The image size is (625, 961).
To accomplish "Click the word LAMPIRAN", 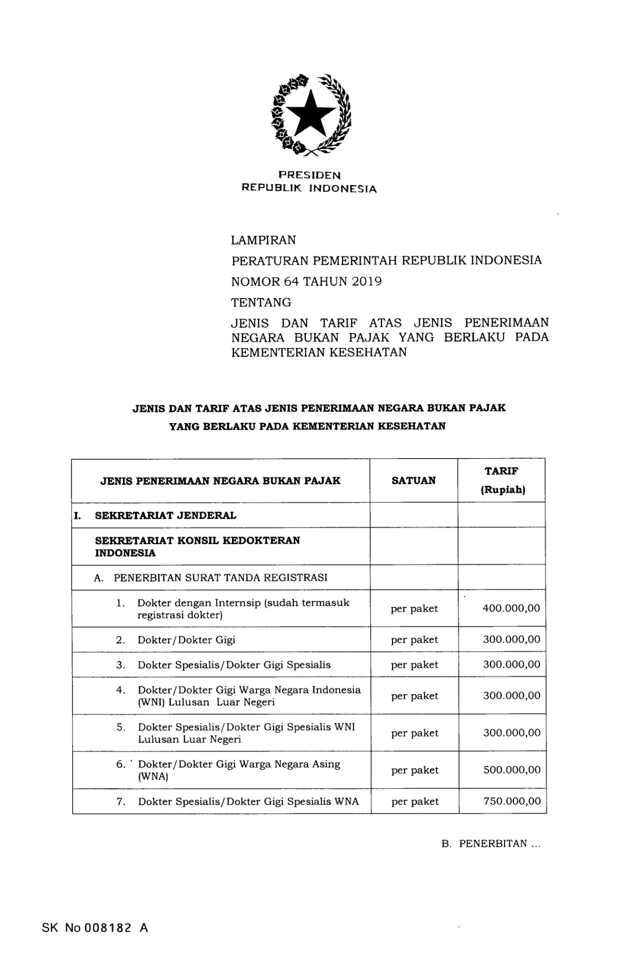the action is pyautogui.click(x=263, y=240).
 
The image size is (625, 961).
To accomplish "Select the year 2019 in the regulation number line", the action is pyautogui.click(x=367, y=282).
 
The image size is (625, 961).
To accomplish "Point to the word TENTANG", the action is pyautogui.click(x=261, y=302).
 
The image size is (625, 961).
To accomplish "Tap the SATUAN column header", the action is pyautogui.click(x=414, y=480).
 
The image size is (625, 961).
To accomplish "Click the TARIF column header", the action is pyautogui.click(x=502, y=470).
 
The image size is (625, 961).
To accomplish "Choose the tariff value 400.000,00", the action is pyautogui.click(x=511, y=608).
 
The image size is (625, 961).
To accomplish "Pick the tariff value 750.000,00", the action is pyautogui.click(x=512, y=801).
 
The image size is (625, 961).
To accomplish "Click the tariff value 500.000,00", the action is pyautogui.click(x=512, y=770).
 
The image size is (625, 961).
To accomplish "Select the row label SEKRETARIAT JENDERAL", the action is pyautogui.click(x=166, y=515).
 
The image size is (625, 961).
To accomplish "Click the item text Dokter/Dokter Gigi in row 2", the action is pyautogui.click(x=186, y=640).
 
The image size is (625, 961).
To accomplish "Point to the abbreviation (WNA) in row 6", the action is pyautogui.click(x=153, y=777).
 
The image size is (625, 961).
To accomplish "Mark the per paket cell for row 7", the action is pyautogui.click(x=415, y=801).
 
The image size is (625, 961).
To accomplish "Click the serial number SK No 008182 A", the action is pyautogui.click(x=95, y=928).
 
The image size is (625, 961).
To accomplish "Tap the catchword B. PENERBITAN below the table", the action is pyautogui.click(x=491, y=844).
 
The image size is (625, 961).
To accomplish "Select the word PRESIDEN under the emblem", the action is pyautogui.click(x=309, y=176).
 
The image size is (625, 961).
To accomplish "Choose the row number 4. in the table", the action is pyautogui.click(x=121, y=690).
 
